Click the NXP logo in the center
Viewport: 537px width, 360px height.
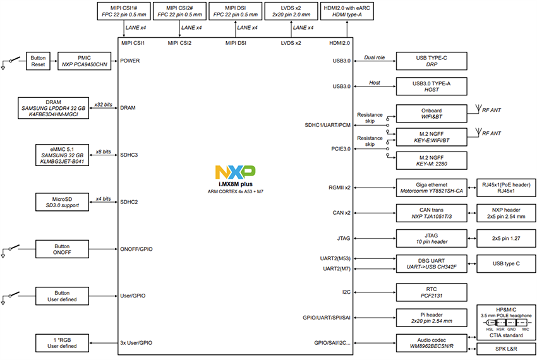pos(235,171)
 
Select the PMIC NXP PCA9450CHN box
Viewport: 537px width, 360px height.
pos(85,61)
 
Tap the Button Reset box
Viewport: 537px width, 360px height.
pos(38,61)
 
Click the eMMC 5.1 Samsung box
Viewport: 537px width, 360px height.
pos(62,155)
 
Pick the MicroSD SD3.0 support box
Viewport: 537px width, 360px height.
pos(62,202)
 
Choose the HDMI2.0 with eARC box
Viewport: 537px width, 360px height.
pos(346,11)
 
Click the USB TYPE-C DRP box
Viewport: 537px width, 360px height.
pos(431,61)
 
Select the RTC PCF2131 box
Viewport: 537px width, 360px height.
pos(431,291)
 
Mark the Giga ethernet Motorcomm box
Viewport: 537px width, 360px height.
pos(431,187)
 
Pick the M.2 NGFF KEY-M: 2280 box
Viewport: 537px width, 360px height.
pos(431,160)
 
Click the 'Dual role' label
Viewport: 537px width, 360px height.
pos(375,57)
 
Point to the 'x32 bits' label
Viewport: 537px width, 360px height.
pos(102,104)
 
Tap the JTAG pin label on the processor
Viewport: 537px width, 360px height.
pos(343,239)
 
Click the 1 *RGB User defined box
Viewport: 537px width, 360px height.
pos(62,342)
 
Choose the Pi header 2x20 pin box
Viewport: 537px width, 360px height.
pos(431,317)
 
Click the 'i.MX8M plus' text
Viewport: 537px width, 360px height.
pos(236,183)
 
